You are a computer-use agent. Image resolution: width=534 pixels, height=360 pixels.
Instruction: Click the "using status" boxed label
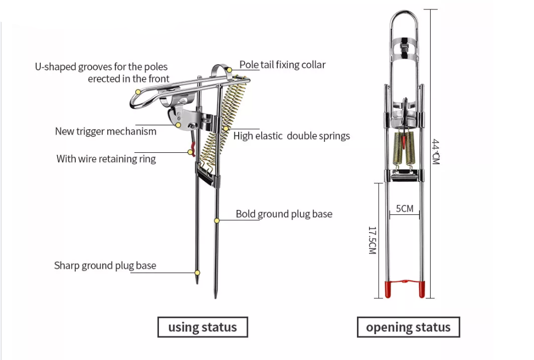202,327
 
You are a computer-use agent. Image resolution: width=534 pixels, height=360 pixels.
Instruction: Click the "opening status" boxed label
408,327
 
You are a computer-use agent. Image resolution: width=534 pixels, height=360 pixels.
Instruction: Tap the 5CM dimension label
404,209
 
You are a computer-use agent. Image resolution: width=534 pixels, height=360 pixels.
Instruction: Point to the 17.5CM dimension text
372,240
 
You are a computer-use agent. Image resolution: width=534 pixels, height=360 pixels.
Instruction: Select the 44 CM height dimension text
436,151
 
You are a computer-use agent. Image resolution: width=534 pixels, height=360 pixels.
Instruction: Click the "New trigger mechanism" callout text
106,131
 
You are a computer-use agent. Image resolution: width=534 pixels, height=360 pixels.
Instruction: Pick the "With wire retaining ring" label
106,159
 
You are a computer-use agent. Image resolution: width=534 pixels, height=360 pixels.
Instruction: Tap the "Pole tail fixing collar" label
283,65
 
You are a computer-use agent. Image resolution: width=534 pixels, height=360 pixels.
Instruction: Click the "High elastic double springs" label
291,136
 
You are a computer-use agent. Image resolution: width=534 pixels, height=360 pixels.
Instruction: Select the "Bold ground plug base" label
284,214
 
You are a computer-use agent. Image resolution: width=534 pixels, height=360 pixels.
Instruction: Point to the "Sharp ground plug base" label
105,265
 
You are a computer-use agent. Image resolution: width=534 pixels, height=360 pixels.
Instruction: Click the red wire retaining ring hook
192,149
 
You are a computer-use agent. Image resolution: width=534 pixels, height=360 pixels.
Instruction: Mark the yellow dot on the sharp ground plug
197,273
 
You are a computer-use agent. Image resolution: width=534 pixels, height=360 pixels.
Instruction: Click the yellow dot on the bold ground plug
217,220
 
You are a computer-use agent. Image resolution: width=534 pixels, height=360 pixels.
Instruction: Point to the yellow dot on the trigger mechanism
178,125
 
